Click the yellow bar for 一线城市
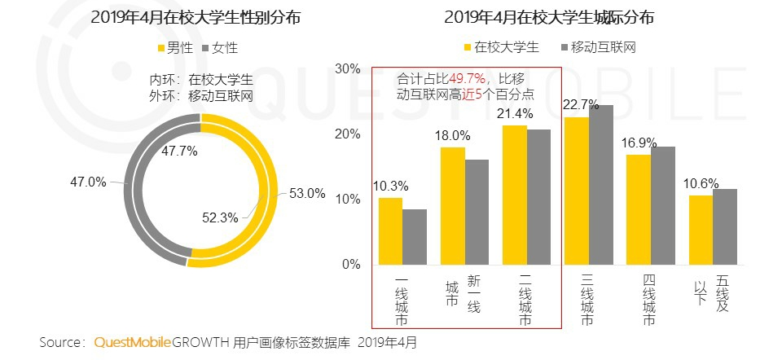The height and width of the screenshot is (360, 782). [390, 231]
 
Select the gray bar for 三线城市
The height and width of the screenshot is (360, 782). [600, 185]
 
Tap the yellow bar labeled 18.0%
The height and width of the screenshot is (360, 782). [452, 206]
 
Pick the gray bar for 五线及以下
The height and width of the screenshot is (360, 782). [724, 226]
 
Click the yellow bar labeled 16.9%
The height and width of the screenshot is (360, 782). [638, 209]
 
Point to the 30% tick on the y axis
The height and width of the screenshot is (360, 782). [348, 68]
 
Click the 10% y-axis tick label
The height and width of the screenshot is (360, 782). [348, 200]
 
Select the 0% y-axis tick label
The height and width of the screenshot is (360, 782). [351, 265]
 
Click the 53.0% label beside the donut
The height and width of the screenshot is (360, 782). [307, 194]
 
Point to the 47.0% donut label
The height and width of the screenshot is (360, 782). [89, 182]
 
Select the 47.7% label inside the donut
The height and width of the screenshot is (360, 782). [178, 151]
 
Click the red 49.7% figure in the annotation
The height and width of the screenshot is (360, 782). [468, 79]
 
